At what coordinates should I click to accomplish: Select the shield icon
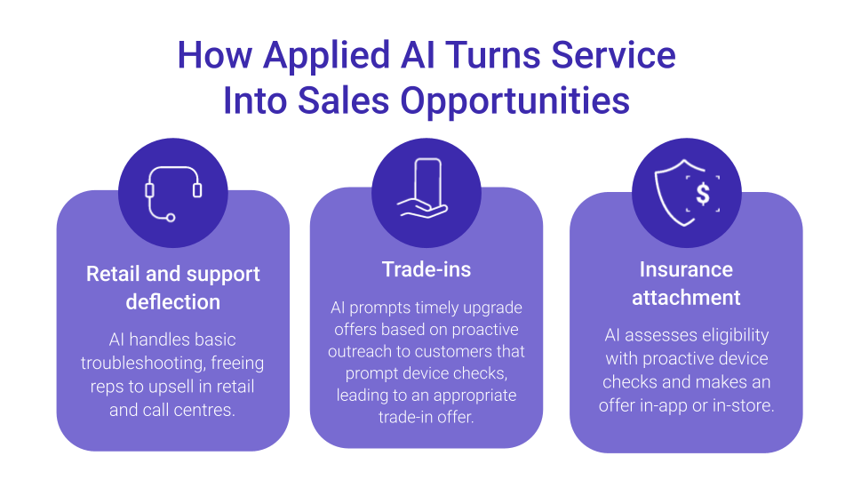click(687, 192)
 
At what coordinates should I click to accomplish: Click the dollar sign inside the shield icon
click(703, 194)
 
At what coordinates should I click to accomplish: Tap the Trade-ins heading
click(426, 269)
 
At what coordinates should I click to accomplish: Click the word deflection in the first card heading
click(173, 301)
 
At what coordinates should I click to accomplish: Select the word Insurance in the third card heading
click(686, 269)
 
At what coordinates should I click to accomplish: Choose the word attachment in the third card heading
click(686, 298)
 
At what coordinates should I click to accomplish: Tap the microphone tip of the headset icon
click(171, 218)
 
